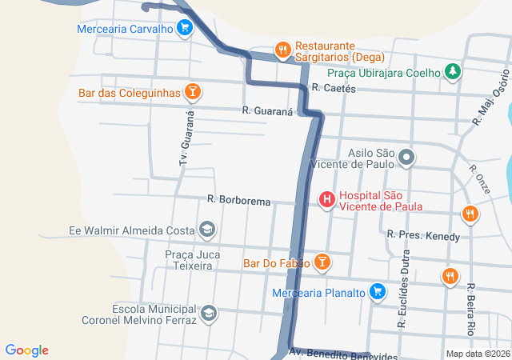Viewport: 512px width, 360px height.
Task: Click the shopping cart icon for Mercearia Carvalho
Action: pyautogui.click(x=185, y=29)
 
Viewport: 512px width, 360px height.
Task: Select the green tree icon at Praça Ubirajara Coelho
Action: pyautogui.click(x=453, y=72)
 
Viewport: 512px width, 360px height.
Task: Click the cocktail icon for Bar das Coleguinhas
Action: pyautogui.click(x=192, y=93)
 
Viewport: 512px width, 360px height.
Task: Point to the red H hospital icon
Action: pyautogui.click(x=326, y=200)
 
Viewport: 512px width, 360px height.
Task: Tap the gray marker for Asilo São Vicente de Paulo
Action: pyautogui.click(x=406, y=158)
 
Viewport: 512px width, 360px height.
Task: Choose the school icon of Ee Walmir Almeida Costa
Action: pyautogui.click(x=207, y=230)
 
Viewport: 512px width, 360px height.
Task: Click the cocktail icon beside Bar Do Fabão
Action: pyautogui.click(x=321, y=262)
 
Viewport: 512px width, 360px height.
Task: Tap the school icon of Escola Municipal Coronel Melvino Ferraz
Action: pyautogui.click(x=209, y=313)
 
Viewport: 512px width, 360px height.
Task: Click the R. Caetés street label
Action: pyautogui.click(x=334, y=88)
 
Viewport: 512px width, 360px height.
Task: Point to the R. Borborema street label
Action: pyautogui.click(x=238, y=201)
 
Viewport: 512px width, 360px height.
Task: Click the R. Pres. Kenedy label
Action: pyautogui.click(x=423, y=236)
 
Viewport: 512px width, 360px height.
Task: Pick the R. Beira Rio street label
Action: pyautogui.click(x=471, y=309)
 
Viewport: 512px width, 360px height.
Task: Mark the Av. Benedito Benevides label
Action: pyautogui.click(x=342, y=353)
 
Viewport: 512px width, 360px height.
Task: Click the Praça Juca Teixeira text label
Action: pyautogui.click(x=192, y=260)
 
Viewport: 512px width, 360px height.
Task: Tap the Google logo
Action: pyautogui.click(x=27, y=350)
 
